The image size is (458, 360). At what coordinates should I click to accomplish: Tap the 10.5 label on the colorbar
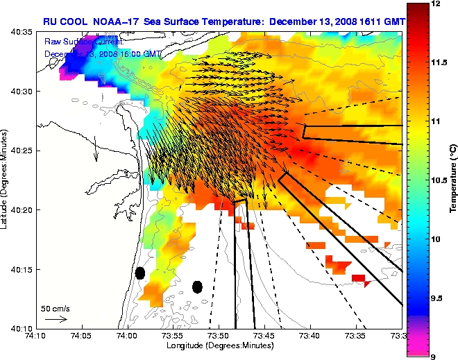(438, 180)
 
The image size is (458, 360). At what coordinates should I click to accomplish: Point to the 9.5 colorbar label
(436, 298)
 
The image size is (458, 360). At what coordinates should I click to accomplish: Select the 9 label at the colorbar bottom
(432, 356)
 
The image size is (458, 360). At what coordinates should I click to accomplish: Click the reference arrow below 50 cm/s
(55, 319)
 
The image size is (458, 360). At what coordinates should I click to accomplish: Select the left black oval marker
(139, 273)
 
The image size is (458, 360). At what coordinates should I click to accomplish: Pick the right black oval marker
(197, 286)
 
